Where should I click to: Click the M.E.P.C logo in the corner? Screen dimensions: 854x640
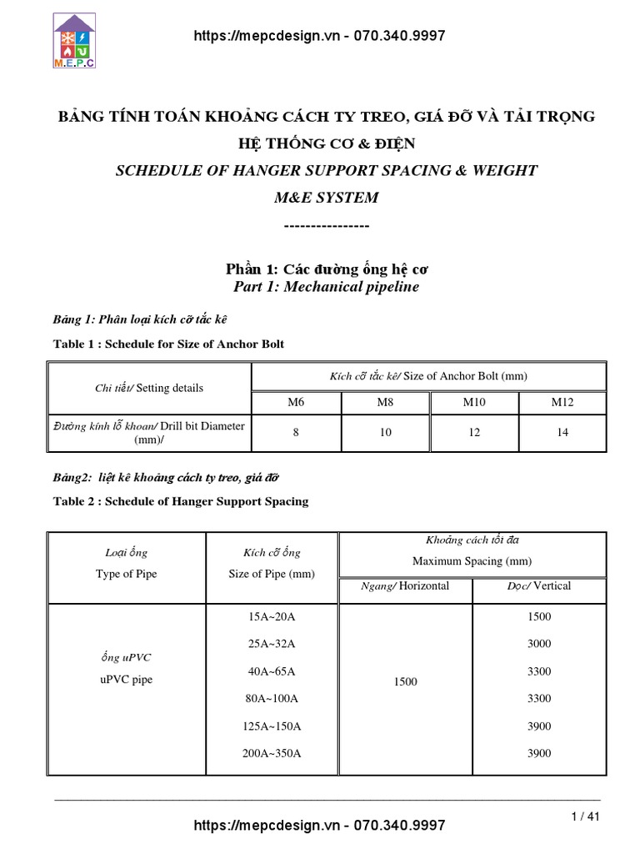[74, 40]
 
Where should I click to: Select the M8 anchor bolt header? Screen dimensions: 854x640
[384, 403]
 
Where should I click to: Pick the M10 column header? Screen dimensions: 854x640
[473, 403]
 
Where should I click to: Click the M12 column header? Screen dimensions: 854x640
[562, 403]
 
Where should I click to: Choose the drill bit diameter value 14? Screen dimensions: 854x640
[562, 433]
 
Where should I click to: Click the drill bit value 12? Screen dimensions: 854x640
[473, 433]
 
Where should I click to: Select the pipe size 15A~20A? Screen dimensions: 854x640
[272, 616]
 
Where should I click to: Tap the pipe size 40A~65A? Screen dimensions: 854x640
[272, 671]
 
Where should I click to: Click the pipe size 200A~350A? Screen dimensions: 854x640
[272, 753]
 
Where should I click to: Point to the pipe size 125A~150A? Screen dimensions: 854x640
[272, 726]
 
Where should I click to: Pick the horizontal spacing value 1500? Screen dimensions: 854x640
[405, 682]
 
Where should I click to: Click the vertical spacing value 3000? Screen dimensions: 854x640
[539, 644]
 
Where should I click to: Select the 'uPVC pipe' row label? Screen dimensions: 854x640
[126, 680]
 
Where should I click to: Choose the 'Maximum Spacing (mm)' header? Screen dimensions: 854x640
[472, 561]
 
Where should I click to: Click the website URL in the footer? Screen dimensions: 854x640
[319, 825]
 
